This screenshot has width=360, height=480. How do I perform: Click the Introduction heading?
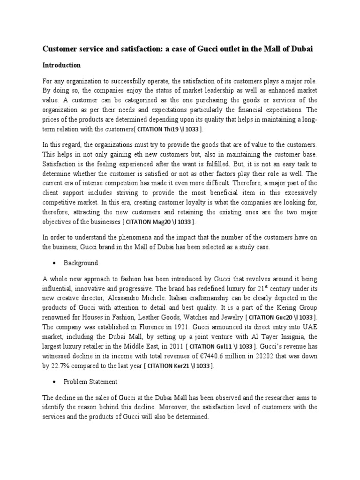[x=62, y=65]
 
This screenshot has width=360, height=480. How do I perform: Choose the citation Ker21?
[x=178, y=367]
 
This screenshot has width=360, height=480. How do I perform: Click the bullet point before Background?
[x=55, y=263]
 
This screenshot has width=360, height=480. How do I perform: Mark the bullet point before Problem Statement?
[x=55, y=382]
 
